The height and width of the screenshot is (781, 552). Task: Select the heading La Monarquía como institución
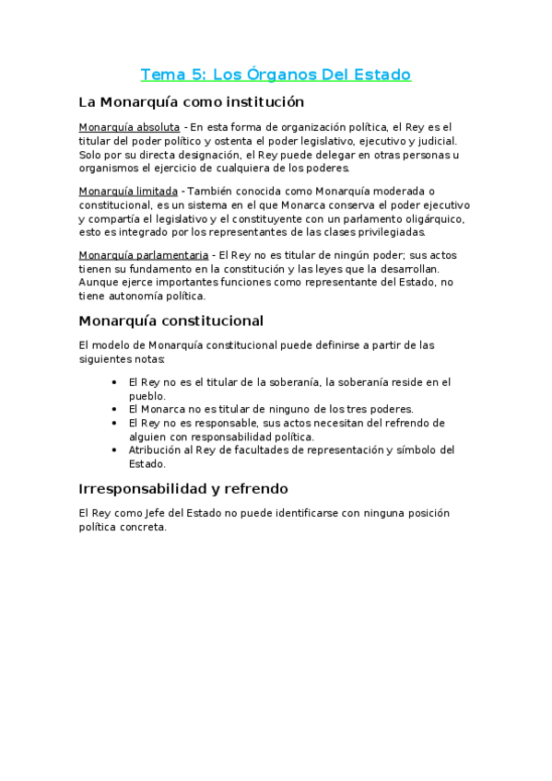[x=192, y=101]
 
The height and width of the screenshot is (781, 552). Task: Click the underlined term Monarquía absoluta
[x=129, y=127]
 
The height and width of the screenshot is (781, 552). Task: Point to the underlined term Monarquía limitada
[x=128, y=191]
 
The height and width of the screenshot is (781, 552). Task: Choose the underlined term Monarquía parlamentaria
[x=143, y=254]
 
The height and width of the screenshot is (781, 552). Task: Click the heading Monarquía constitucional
[x=171, y=321]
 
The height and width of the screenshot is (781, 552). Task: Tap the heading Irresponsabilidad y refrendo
[x=183, y=488]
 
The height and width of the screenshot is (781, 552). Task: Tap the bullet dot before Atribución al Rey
[x=113, y=450]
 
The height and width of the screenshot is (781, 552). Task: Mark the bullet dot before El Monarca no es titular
[x=113, y=409]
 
